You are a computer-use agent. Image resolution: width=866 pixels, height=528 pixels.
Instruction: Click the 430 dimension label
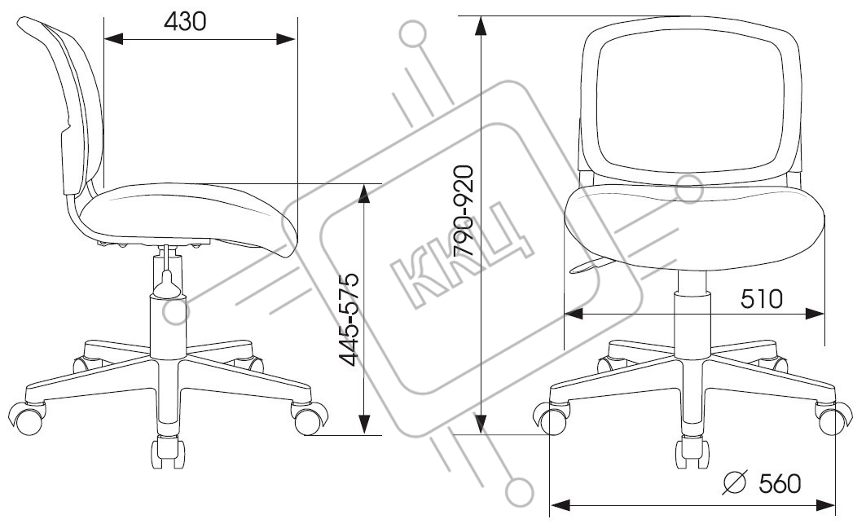pyautogui.click(x=185, y=21)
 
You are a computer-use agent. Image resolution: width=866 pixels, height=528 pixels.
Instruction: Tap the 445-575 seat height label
pyautogui.click(x=349, y=319)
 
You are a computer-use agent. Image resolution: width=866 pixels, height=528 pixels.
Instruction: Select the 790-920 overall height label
pyautogui.click(x=463, y=210)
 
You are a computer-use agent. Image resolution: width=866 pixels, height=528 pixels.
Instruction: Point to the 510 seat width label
pyautogui.click(x=762, y=299)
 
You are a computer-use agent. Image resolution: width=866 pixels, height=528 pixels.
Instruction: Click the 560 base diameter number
pyautogui.click(x=780, y=483)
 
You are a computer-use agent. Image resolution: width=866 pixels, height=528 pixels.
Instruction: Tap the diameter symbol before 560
pyautogui.click(x=735, y=482)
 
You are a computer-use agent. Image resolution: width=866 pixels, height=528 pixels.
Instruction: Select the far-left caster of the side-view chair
pyautogui.click(x=28, y=418)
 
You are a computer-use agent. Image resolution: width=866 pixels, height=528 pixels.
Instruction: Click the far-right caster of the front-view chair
pyautogui.click(x=833, y=418)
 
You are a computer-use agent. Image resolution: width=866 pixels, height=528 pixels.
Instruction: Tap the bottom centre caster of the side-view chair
pyautogui.click(x=167, y=451)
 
